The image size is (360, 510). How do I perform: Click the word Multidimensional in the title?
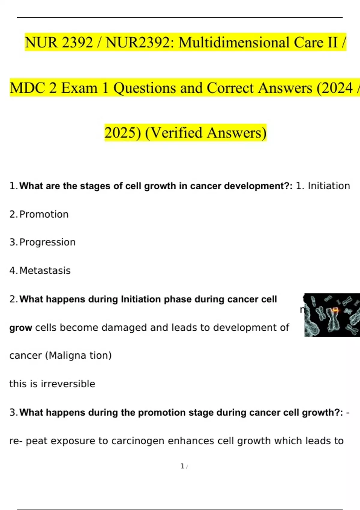pos(234,42)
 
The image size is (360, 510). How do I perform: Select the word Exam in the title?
pos(79,88)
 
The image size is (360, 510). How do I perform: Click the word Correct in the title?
pos(230,88)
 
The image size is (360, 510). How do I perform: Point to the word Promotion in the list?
pos(44,214)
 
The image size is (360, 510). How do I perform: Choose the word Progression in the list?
pos(47,242)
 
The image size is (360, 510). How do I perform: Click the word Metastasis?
pos(45,271)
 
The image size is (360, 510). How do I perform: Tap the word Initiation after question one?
pos(329,186)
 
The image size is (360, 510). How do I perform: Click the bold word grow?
pos(21,328)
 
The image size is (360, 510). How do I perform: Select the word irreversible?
pos(68,384)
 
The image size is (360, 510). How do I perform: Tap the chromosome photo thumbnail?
pos(332,315)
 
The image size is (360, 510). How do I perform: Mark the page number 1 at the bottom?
pos(182,466)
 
